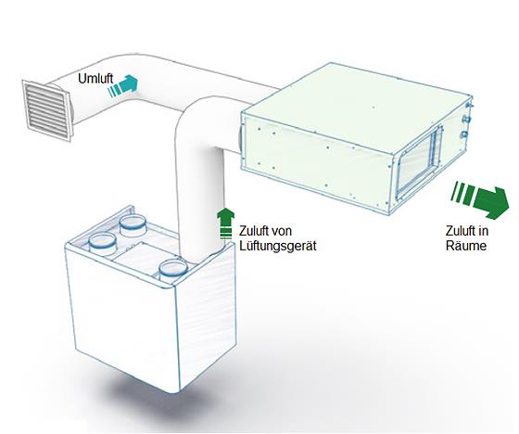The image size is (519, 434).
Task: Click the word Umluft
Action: pyautogui.click(x=95, y=79)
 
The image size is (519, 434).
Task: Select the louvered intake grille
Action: pyautogui.click(x=46, y=110)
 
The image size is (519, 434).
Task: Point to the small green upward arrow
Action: pyautogui.click(x=225, y=223)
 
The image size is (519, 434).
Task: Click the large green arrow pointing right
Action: pyautogui.click(x=481, y=200)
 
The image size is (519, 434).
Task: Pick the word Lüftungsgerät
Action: pyautogui.click(x=278, y=246)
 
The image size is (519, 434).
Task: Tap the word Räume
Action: pyautogui.click(x=466, y=246)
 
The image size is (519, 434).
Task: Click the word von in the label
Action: pyautogui.click(x=282, y=231)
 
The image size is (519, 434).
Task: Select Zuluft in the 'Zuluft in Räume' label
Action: pyautogui.click(x=459, y=231)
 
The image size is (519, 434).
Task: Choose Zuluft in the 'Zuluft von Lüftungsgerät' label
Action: pyautogui.click(x=254, y=231)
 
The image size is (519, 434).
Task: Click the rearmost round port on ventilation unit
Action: pyautogui.click(x=133, y=225)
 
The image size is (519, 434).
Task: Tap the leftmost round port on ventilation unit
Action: pyautogui.click(x=102, y=244)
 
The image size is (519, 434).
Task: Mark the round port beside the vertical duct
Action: pyautogui.click(x=173, y=268)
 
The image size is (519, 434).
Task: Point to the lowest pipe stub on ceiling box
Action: pyautogui.click(x=465, y=134)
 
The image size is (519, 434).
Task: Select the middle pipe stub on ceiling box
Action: pyautogui.click(x=467, y=119)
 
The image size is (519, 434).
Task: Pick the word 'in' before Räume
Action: pyautogui.click(x=481, y=231)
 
